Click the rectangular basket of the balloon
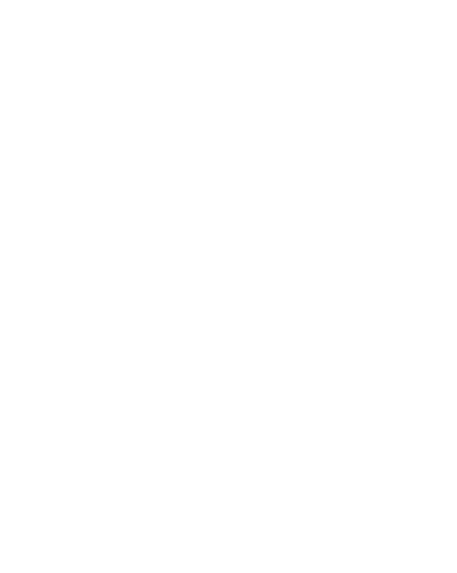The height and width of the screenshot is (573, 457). (x=225, y=413)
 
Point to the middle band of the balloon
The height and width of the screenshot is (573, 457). (x=225, y=221)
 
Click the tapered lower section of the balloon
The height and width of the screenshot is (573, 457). (x=225, y=322)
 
